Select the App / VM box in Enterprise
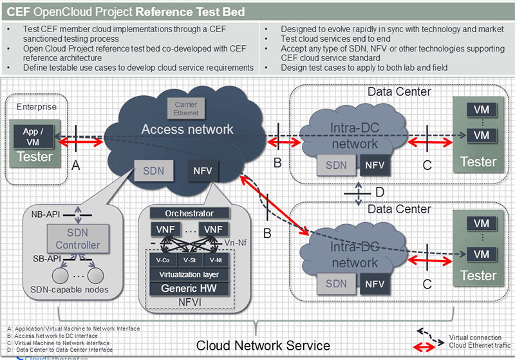(34, 136)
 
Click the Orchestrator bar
(190, 213)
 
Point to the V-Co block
(162, 260)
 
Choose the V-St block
(190, 260)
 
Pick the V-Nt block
(216, 260)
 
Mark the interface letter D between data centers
(380, 191)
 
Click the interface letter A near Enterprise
(75, 166)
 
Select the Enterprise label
(36, 107)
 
